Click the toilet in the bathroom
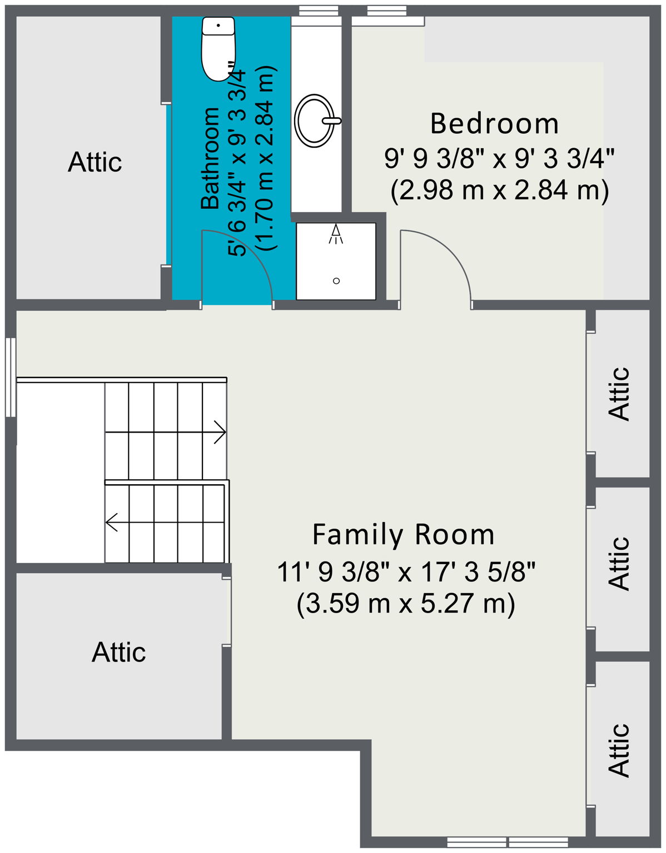pos(218,49)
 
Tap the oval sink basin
pos(316,121)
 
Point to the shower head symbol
pos(336,234)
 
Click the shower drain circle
pos(336,280)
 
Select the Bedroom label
pos(494,124)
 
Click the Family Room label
pos(403,535)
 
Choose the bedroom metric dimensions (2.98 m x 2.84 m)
pos(499,191)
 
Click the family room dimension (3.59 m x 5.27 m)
pos(405,604)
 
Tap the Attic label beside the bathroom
pos(95,162)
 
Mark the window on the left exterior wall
pos(11,377)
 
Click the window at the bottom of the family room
pos(507,842)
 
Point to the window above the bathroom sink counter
pos(318,11)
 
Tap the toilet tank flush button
pos(218,26)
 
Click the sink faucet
pos(332,120)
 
